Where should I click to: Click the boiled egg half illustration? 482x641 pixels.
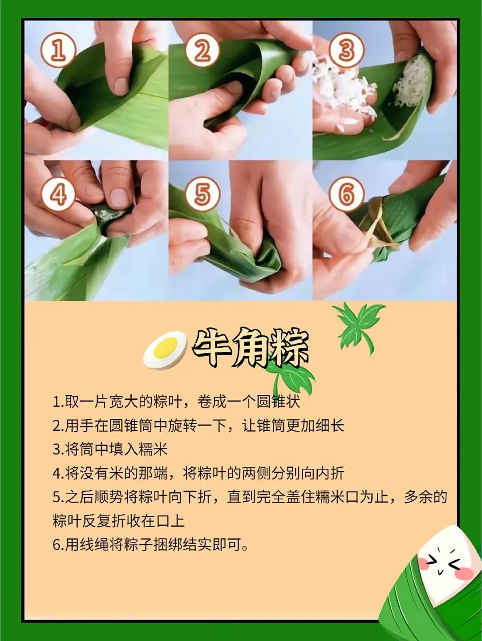point(165,349)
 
